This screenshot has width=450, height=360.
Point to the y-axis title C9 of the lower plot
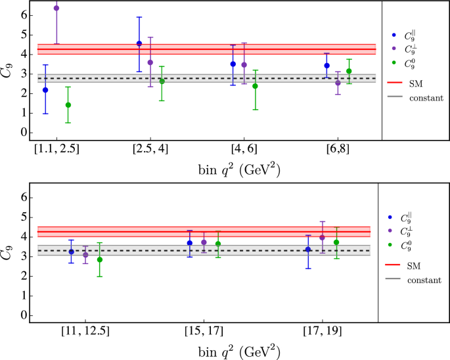(x=8, y=253)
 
